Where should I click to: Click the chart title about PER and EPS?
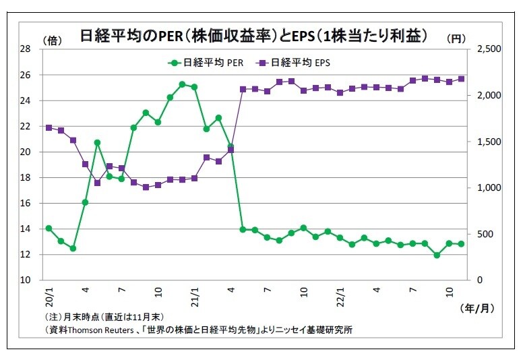pyautogui.click(x=255, y=36)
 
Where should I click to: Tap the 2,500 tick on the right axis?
pyautogui.click(x=489, y=49)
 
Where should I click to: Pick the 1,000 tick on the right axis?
pyautogui.click(x=489, y=187)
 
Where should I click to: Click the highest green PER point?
pyautogui.click(x=182, y=84)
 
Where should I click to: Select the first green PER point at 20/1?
pyautogui.click(x=49, y=229)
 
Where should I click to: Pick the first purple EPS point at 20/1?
pyautogui.click(x=49, y=127)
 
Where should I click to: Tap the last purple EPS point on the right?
pyautogui.click(x=462, y=79)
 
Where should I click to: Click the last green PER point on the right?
pyautogui.click(x=462, y=244)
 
